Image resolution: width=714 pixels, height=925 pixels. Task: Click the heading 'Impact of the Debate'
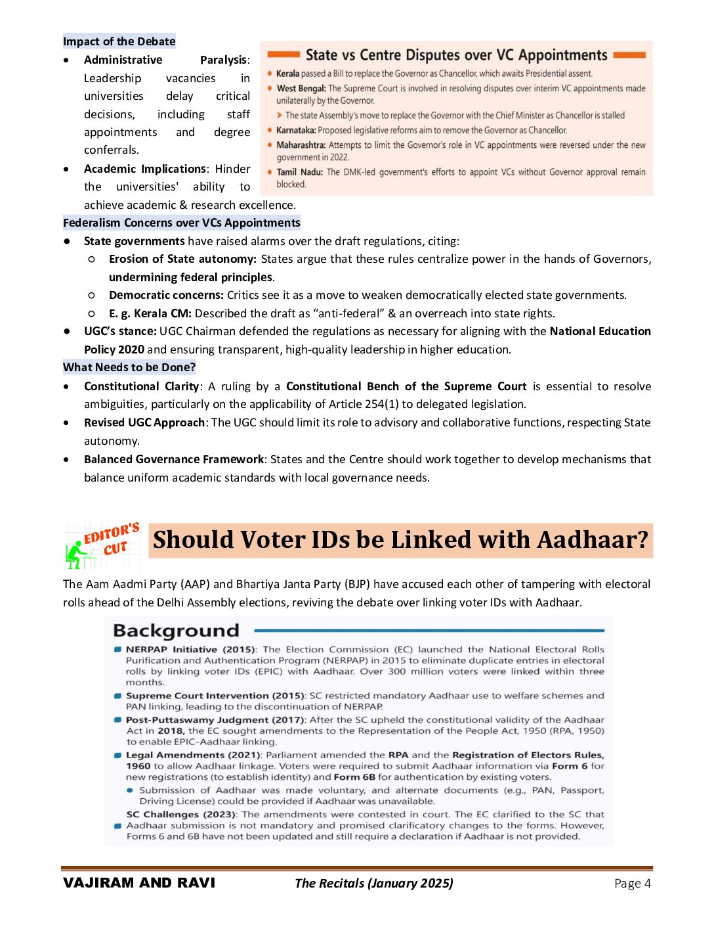coord(119,41)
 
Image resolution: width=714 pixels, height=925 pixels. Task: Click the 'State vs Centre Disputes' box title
coord(456,55)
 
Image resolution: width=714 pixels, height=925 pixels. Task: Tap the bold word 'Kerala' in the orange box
coord(287,74)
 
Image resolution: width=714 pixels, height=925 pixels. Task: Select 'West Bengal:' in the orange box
coord(301,88)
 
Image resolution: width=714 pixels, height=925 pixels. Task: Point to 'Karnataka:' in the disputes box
coord(296,130)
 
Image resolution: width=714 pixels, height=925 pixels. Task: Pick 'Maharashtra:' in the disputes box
coord(301,145)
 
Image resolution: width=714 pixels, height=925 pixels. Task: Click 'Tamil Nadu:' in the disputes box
coord(300,172)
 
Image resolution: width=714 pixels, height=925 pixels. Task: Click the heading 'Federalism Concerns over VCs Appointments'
coord(182,223)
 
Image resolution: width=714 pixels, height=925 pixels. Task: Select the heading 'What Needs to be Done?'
coord(129,367)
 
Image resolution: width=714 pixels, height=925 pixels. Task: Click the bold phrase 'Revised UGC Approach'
coord(144,422)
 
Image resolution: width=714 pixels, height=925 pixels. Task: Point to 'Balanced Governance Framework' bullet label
coord(174,459)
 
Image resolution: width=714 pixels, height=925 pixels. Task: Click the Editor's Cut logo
coord(102,545)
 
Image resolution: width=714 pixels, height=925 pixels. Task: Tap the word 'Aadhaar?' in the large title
coord(593,540)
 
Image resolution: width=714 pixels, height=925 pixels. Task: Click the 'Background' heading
coord(176,631)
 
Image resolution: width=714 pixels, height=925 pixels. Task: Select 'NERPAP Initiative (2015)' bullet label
coord(190,649)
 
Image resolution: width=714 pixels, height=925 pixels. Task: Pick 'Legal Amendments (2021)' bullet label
coord(194,755)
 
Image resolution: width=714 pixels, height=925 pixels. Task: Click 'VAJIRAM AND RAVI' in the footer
coord(139,883)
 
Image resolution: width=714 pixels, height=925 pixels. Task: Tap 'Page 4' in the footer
coord(632,884)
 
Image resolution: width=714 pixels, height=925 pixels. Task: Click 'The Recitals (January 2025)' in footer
coord(373,884)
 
